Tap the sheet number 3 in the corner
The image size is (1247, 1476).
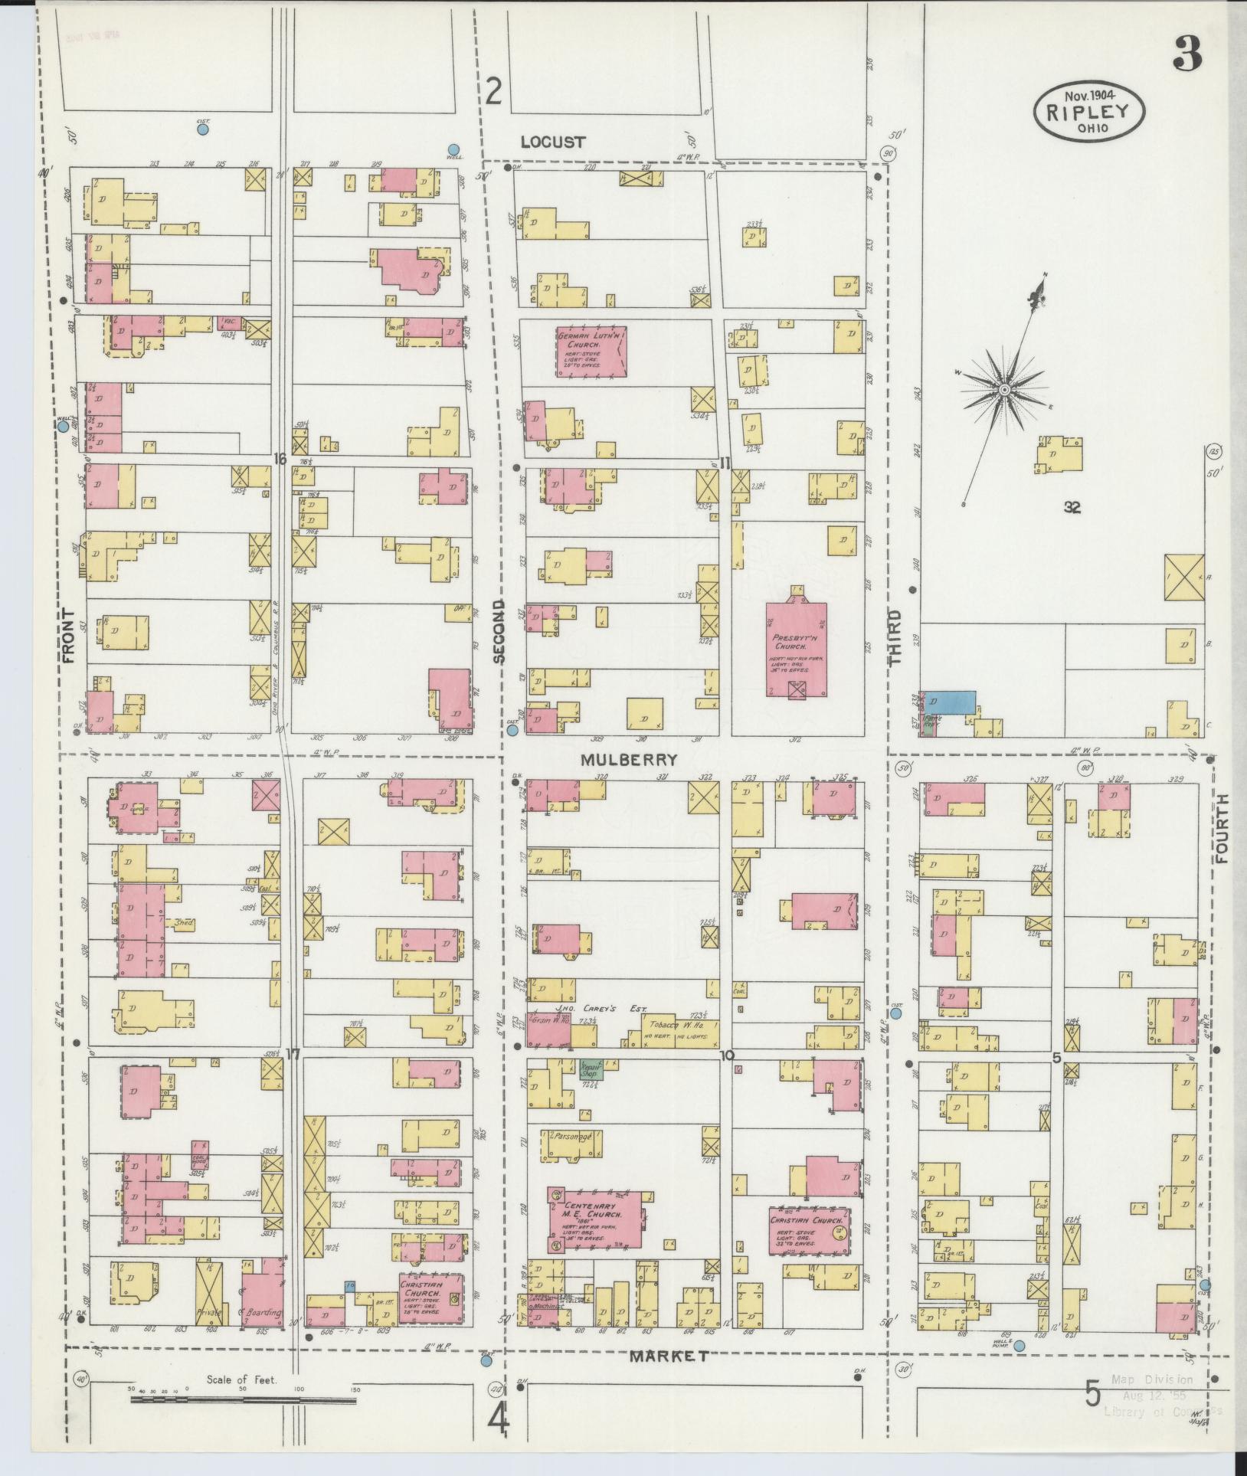pos(1186,54)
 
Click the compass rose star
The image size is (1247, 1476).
pos(1003,390)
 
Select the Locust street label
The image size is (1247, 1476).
pos(552,142)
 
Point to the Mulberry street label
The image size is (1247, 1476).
pos(629,760)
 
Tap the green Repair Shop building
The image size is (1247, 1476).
pos(591,1069)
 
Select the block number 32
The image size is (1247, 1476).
pos(1072,506)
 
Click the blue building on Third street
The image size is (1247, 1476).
pos(951,702)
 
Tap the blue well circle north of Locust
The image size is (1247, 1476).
pos(453,149)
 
